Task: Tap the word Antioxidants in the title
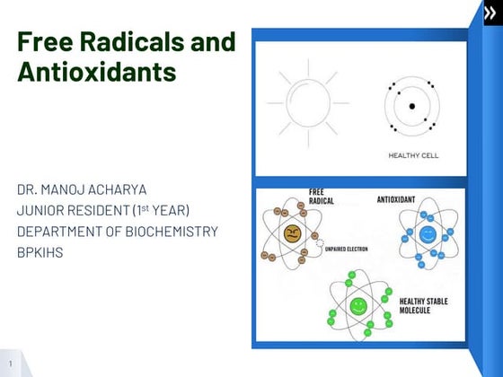click(96, 73)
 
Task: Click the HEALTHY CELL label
click(413, 154)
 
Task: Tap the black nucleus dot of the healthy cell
click(412, 106)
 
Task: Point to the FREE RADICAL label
click(322, 197)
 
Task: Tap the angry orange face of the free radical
click(291, 235)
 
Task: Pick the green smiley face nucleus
click(357, 305)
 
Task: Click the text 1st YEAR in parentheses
click(163, 211)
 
